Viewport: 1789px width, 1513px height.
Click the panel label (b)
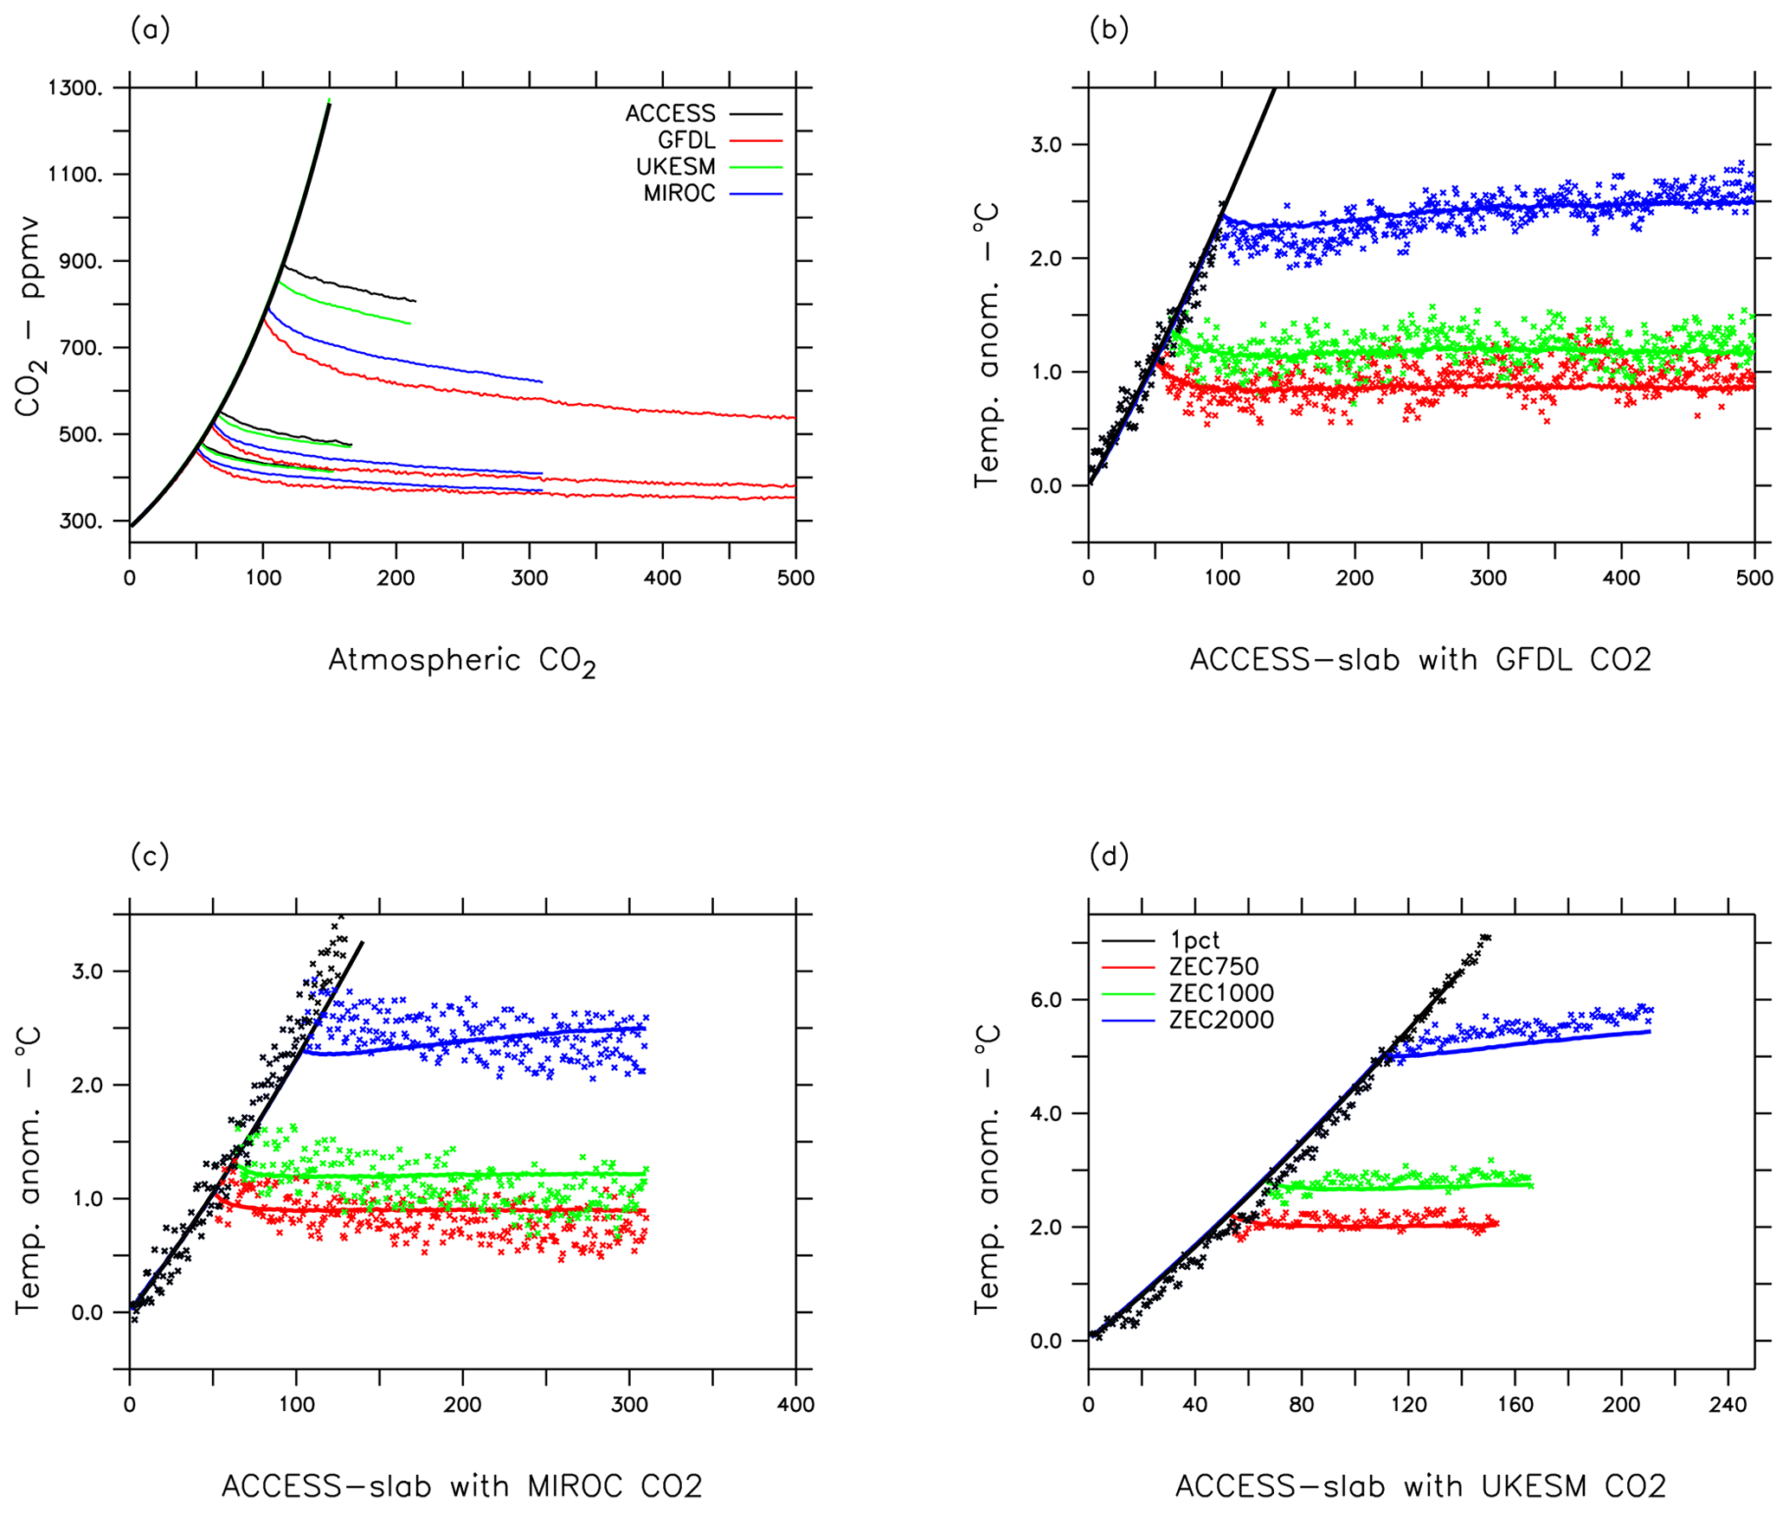1109,30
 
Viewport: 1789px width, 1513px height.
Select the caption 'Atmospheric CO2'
462,662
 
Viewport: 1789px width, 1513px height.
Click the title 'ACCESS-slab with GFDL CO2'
1420,660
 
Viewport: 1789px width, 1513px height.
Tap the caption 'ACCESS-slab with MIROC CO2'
462,1486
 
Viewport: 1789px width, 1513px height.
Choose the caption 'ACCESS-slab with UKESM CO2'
1420,1486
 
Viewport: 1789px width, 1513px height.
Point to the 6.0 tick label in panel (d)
1046,1000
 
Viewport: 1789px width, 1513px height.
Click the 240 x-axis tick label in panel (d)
1728,1405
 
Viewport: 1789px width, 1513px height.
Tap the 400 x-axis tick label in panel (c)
795,1405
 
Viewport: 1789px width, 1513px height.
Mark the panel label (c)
150,856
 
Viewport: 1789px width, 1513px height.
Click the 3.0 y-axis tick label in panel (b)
1046,144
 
